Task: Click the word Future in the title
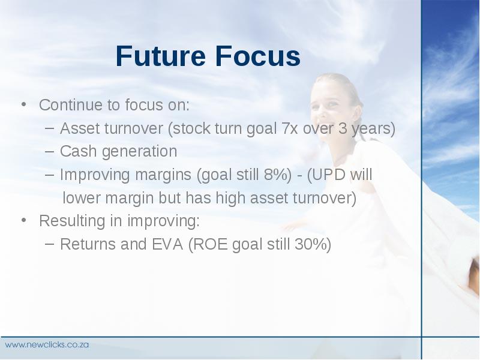click(x=160, y=56)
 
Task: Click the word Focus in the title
click(x=258, y=56)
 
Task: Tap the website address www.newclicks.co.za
click(x=47, y=344)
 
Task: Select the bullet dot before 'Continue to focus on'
click(x=23, y=104)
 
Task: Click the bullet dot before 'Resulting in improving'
click(x=23, y=220)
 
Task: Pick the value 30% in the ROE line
click(x=310, y=244)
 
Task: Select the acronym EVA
click(x=167, y=244)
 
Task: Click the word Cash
click(x=79, y=151)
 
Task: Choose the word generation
click(x=140, y=152)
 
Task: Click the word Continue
click(x=71, y=105)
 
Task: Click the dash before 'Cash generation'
click(x=49, y=151)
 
